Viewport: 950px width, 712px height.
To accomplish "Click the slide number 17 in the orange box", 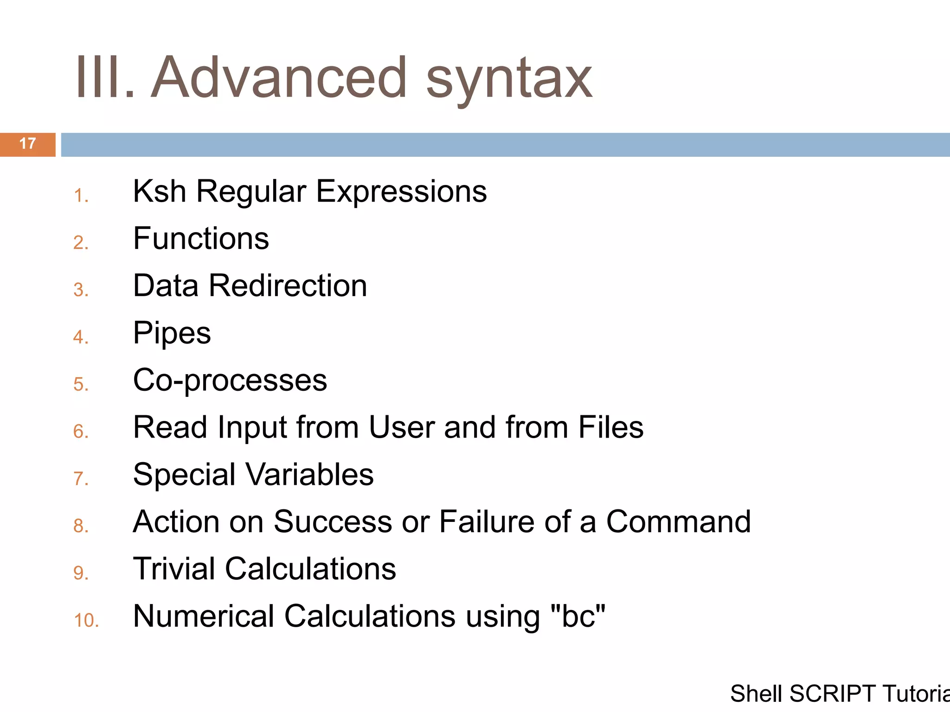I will pos(28,144).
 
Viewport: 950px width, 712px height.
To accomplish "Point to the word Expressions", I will pos(401,192).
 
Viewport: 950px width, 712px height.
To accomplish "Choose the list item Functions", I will pos(201,239).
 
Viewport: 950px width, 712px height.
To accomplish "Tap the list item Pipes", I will pos(172,333).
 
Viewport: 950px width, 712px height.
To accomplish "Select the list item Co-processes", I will pos(230,381).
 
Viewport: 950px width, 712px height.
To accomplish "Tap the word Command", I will pos(678,522).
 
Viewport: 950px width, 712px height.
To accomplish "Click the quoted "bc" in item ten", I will pos(578,617).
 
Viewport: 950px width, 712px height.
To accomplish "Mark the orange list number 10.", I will pos(86,621).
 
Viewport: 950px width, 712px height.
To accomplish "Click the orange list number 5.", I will pos(81,384).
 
